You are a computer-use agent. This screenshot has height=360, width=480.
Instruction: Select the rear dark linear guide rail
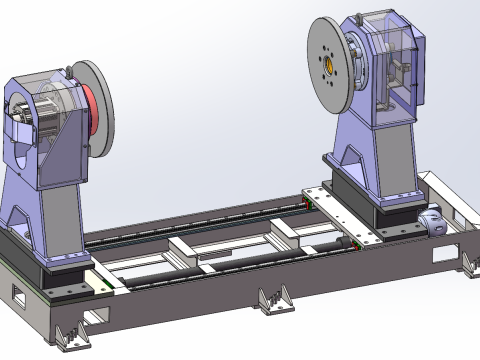200,222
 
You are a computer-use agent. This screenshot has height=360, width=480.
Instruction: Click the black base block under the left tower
55,256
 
